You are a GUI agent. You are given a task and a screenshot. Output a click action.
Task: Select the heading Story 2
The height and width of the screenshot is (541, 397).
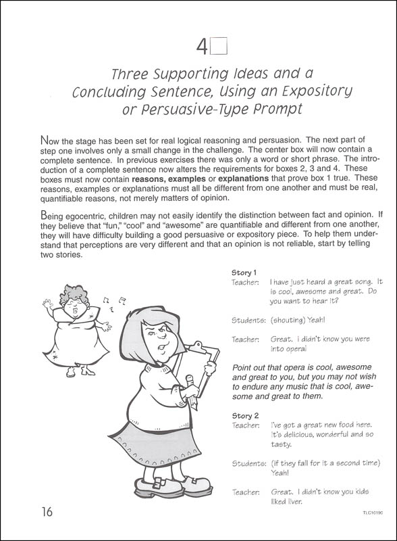coord(244,415)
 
